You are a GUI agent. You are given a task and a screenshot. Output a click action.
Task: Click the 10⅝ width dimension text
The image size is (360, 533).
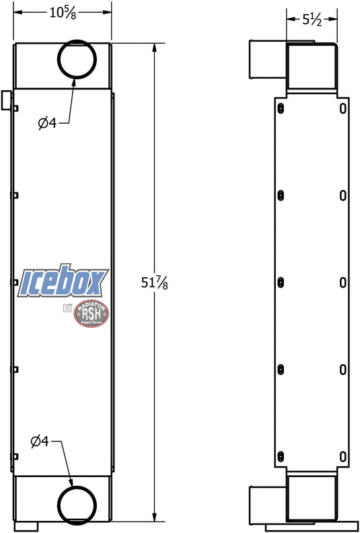63,13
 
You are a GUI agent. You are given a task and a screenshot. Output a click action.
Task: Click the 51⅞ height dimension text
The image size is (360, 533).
154,283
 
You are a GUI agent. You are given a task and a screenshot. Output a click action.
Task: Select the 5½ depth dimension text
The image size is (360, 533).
312,20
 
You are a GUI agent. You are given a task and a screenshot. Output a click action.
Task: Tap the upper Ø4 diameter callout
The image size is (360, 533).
47,123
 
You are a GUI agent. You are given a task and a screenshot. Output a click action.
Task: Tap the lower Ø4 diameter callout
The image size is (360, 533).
40,441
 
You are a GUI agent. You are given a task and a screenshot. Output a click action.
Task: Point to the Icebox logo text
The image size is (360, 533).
63,281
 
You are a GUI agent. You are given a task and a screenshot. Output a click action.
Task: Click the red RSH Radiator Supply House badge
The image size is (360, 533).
91,314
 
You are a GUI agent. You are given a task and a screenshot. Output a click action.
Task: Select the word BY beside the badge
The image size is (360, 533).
67,308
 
